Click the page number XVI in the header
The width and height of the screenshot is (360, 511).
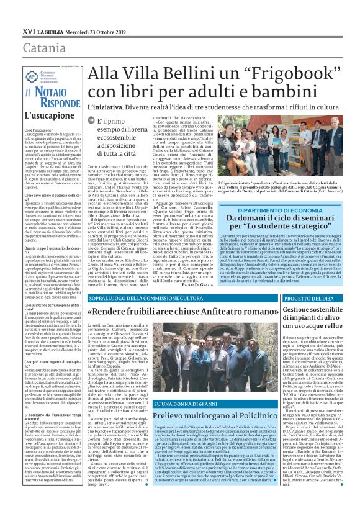pyautogui.click(x=29, y=30)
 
